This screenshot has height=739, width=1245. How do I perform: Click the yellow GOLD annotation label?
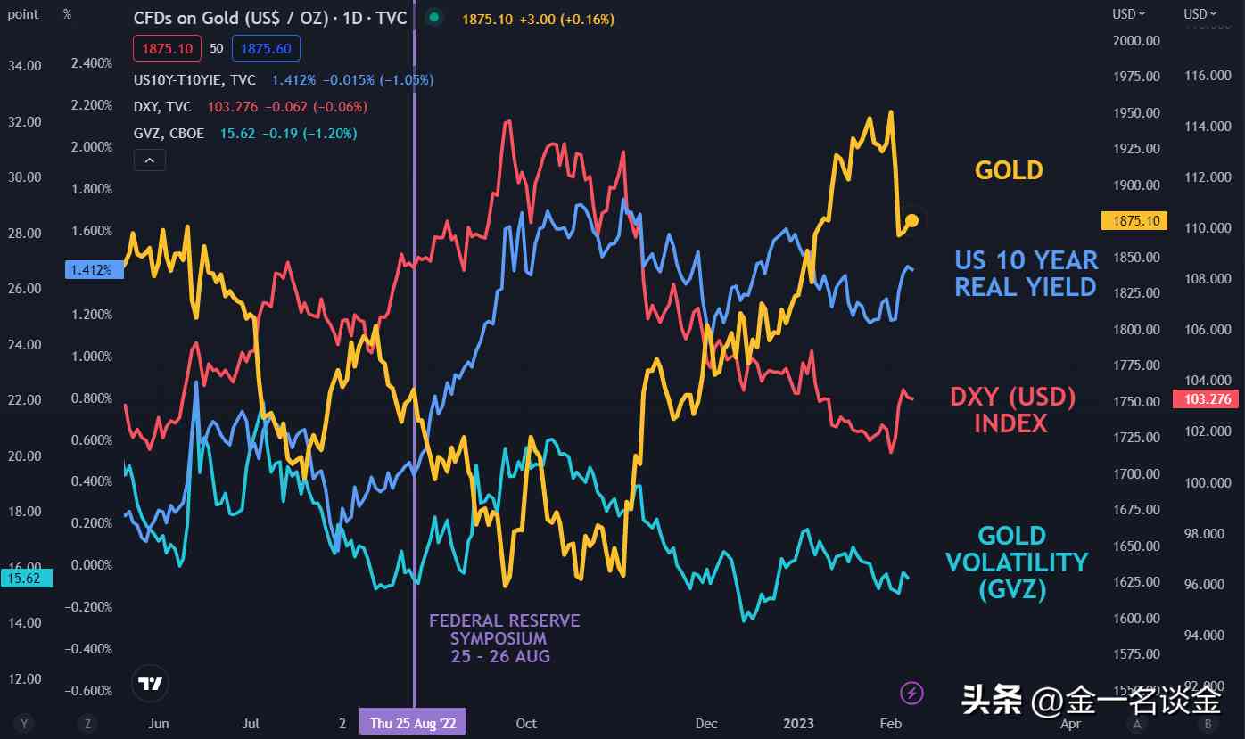[1009, 170]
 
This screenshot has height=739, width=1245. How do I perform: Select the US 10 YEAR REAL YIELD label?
[1026, 273]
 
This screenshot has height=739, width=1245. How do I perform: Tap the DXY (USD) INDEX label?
[1012, 409]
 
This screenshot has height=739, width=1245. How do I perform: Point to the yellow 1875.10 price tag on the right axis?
[1135, 220]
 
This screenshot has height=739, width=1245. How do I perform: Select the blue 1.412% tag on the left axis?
[94, 269]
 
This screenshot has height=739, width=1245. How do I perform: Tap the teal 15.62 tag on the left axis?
[26, 579]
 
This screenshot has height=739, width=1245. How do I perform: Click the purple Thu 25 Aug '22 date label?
[413, 723]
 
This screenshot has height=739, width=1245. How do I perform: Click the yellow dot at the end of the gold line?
[911, 219]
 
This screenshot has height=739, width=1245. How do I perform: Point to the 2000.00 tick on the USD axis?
[1135, 40]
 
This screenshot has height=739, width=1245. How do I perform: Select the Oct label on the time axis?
[526, 723]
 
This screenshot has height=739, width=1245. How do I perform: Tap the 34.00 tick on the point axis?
[25, 65]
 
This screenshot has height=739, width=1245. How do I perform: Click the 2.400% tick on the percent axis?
[92, 63]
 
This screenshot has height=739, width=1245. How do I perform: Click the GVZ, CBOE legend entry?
[169, 134]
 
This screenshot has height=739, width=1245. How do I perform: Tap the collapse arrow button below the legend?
[149, 160]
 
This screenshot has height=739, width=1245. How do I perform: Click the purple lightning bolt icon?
[911, 692]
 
